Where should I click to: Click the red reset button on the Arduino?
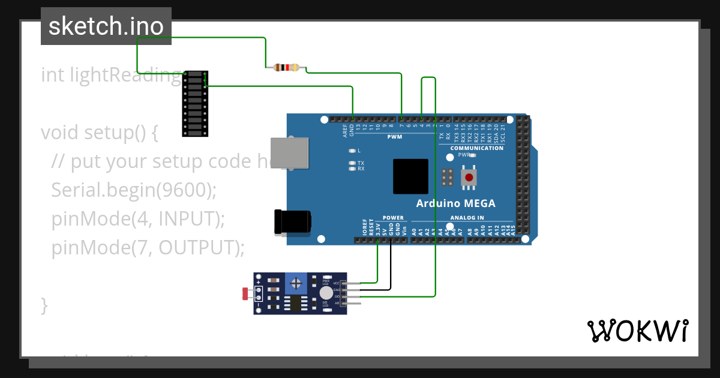point(469,178)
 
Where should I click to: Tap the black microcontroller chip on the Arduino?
point(410,176)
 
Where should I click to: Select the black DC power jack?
point(292,221)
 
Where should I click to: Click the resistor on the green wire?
point(287,68)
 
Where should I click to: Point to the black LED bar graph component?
point(195,103)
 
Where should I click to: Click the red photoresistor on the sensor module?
point(245,294)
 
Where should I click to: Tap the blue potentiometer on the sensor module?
point(295,282)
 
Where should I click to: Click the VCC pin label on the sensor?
point(336,283)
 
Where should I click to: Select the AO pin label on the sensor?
point(337,303)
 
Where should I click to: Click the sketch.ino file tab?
point(106,26)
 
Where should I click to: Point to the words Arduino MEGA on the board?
point(455,203)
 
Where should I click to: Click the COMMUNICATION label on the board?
point(476,148)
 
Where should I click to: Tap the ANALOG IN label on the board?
point(467,218)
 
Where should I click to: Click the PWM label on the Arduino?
point(395,137)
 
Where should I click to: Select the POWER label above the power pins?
point(393,218)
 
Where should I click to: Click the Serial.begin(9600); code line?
point(133,190)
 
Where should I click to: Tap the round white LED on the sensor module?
point(326,292)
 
